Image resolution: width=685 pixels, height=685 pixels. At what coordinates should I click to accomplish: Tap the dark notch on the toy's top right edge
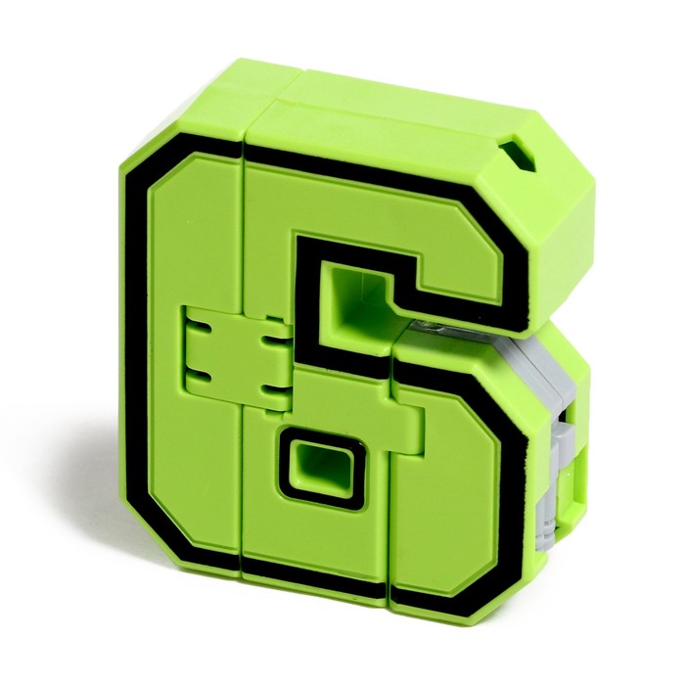click(x=518, y=159)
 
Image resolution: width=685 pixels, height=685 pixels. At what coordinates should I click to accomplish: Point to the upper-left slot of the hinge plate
click(x=201, y=327)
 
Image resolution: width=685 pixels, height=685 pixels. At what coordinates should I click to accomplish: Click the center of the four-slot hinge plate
click(x=235, y=358)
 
